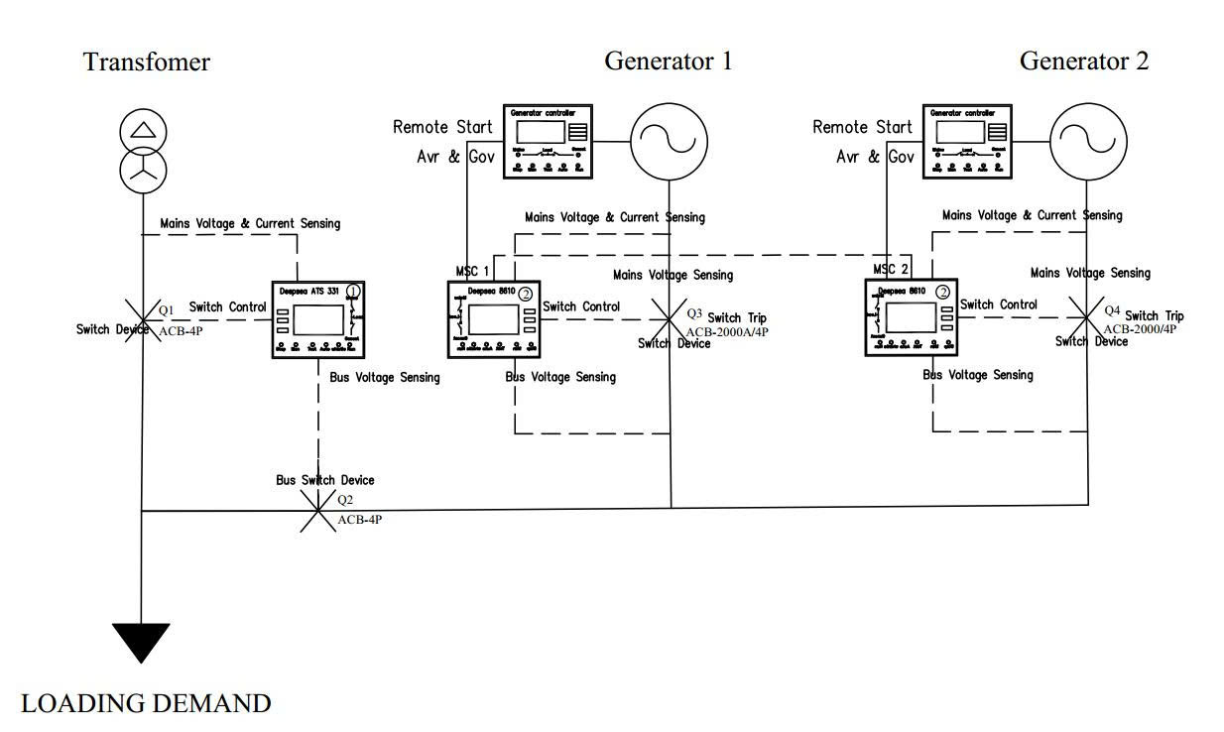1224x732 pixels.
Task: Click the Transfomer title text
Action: [x=147, y=62]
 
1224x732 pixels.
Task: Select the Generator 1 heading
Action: [x=669, y=61]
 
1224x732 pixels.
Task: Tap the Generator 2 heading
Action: [x=1084, y=61]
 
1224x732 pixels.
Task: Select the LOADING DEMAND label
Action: [x=146, y=704]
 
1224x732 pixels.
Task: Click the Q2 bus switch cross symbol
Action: [x=318, y=511]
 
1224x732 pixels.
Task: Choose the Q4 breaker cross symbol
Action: [x=1089, y=318]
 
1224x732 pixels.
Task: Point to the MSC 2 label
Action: [x=891, y=270]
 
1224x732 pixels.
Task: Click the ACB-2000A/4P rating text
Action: [x=728, y=331]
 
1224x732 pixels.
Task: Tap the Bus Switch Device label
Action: [x=325, y=480]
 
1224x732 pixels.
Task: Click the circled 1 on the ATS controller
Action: [x=352, y=291]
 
